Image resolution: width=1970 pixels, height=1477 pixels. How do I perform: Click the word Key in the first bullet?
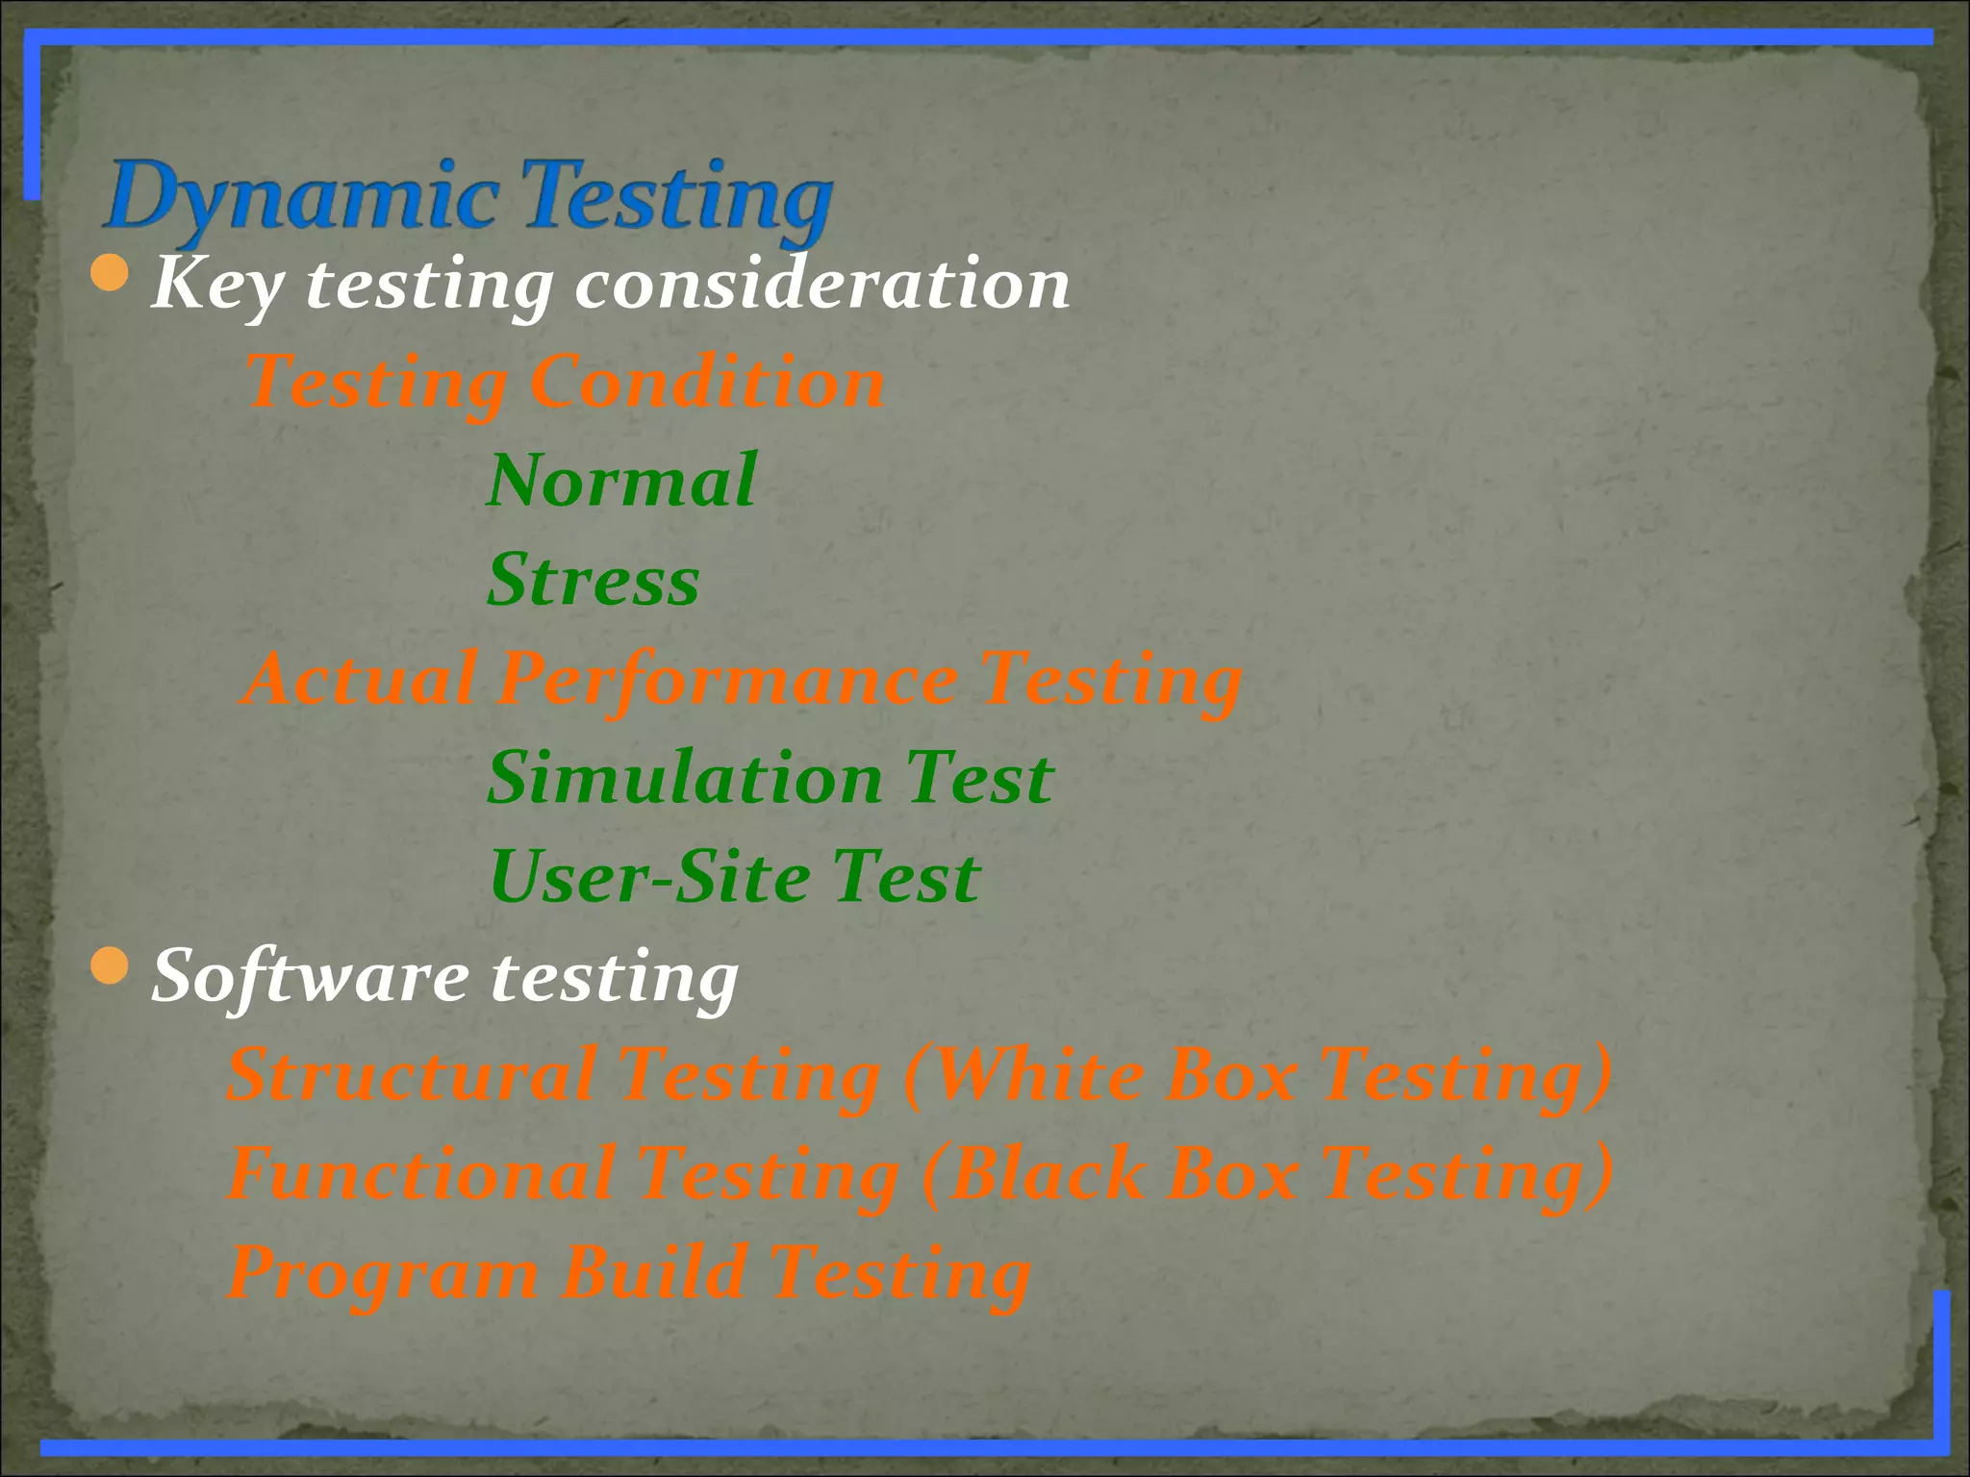click(x=217, y=286)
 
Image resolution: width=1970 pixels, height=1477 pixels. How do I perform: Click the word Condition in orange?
click(x=707, y=383)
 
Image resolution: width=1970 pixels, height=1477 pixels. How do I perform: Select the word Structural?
click(x=412, y=1075)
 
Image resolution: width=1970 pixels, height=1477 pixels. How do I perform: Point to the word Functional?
click(x=422, y=1174)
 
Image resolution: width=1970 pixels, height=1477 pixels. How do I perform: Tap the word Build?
click(x=655, y=1272)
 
